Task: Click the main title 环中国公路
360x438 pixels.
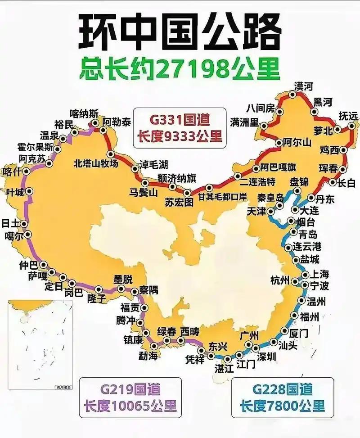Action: click(180, 34)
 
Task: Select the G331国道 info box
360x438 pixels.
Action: click(180, 128)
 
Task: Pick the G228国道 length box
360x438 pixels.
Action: click(282, 397)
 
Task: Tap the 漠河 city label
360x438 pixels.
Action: click(303, 86)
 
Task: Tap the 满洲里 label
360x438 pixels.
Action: click(244, 122)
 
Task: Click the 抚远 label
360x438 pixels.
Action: click(348, 115)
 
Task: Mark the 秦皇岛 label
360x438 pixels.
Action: click(271, 197)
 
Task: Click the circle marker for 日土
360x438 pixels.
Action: click(24, 224)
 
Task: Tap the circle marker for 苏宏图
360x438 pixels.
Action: click(187, 193)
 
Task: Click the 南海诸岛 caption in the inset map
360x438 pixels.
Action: click(63, 387)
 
